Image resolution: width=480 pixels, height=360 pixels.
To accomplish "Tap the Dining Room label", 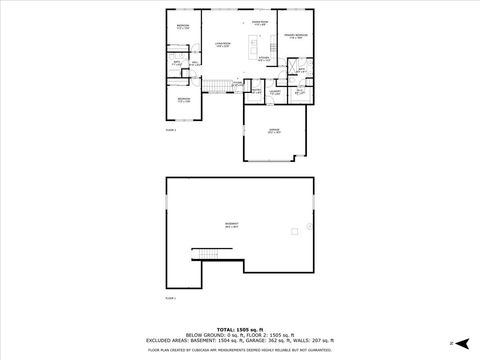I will coord(260,22).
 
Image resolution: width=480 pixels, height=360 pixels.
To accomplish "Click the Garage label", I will coord(273,130).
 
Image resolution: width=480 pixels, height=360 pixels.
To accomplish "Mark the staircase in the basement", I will coord(207,254).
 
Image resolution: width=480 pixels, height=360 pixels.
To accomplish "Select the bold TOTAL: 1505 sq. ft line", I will coord(240,329).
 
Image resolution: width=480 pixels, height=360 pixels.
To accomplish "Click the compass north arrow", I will coord(452,343).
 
